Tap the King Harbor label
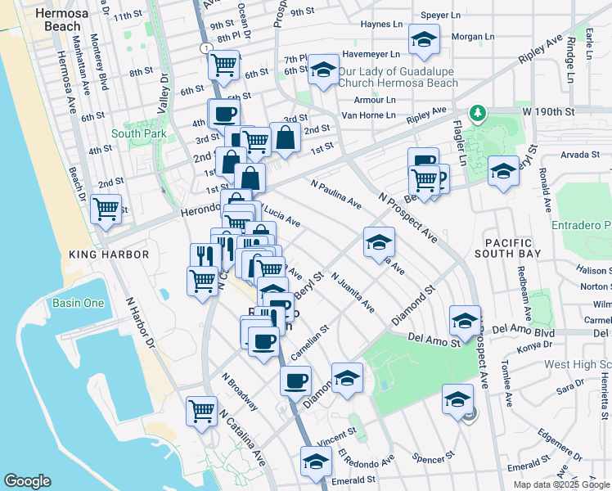point(109,255)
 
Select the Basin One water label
point(79,303)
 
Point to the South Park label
point(139,133)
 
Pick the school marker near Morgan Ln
point(424,39)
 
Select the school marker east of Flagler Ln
point(503,171)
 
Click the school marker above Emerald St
point(316,461)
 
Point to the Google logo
point(27,481)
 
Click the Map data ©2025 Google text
point(561,484)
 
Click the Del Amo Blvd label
point(523,333)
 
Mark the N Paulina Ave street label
point(335,192)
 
